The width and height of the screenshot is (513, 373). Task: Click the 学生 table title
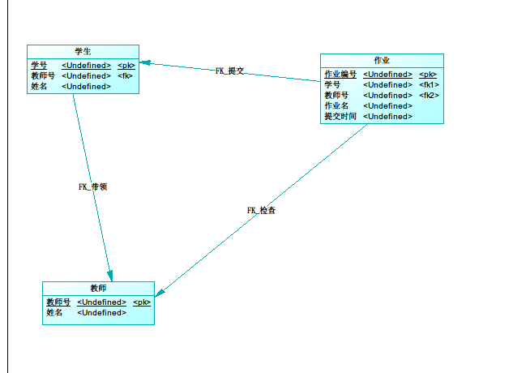coord(83,51)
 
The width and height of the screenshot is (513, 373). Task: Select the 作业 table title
coord(382,60)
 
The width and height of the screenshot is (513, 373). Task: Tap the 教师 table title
coord(98,288)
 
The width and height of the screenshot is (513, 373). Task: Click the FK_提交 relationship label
coord(230,71)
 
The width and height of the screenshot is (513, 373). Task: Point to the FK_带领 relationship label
coord(92,186)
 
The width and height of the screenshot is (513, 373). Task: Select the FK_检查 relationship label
coord(262,211)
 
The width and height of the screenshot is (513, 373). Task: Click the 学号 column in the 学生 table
coord(39,65)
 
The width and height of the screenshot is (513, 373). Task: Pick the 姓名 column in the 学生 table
coord(39,86)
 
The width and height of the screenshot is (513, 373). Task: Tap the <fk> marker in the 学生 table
coord(125,75)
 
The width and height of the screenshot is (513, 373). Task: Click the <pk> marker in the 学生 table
coord(126,65)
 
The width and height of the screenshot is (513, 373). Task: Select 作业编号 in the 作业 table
coord(340,74)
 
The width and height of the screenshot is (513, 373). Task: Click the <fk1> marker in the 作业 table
coord(429,84)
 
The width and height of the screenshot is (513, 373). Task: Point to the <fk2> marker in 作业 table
coord(429,95)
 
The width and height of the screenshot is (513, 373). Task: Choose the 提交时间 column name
coord(340,116)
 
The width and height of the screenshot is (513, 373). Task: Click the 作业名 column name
coord(337,105)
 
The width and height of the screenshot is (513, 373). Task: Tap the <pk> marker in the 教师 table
coord(142,302)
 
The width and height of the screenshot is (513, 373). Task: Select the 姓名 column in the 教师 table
coord(54,312)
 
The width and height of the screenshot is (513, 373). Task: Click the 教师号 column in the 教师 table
coord(58,302)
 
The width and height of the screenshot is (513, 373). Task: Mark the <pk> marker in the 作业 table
coord(428,74)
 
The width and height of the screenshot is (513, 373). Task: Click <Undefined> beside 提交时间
coord(387,116)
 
